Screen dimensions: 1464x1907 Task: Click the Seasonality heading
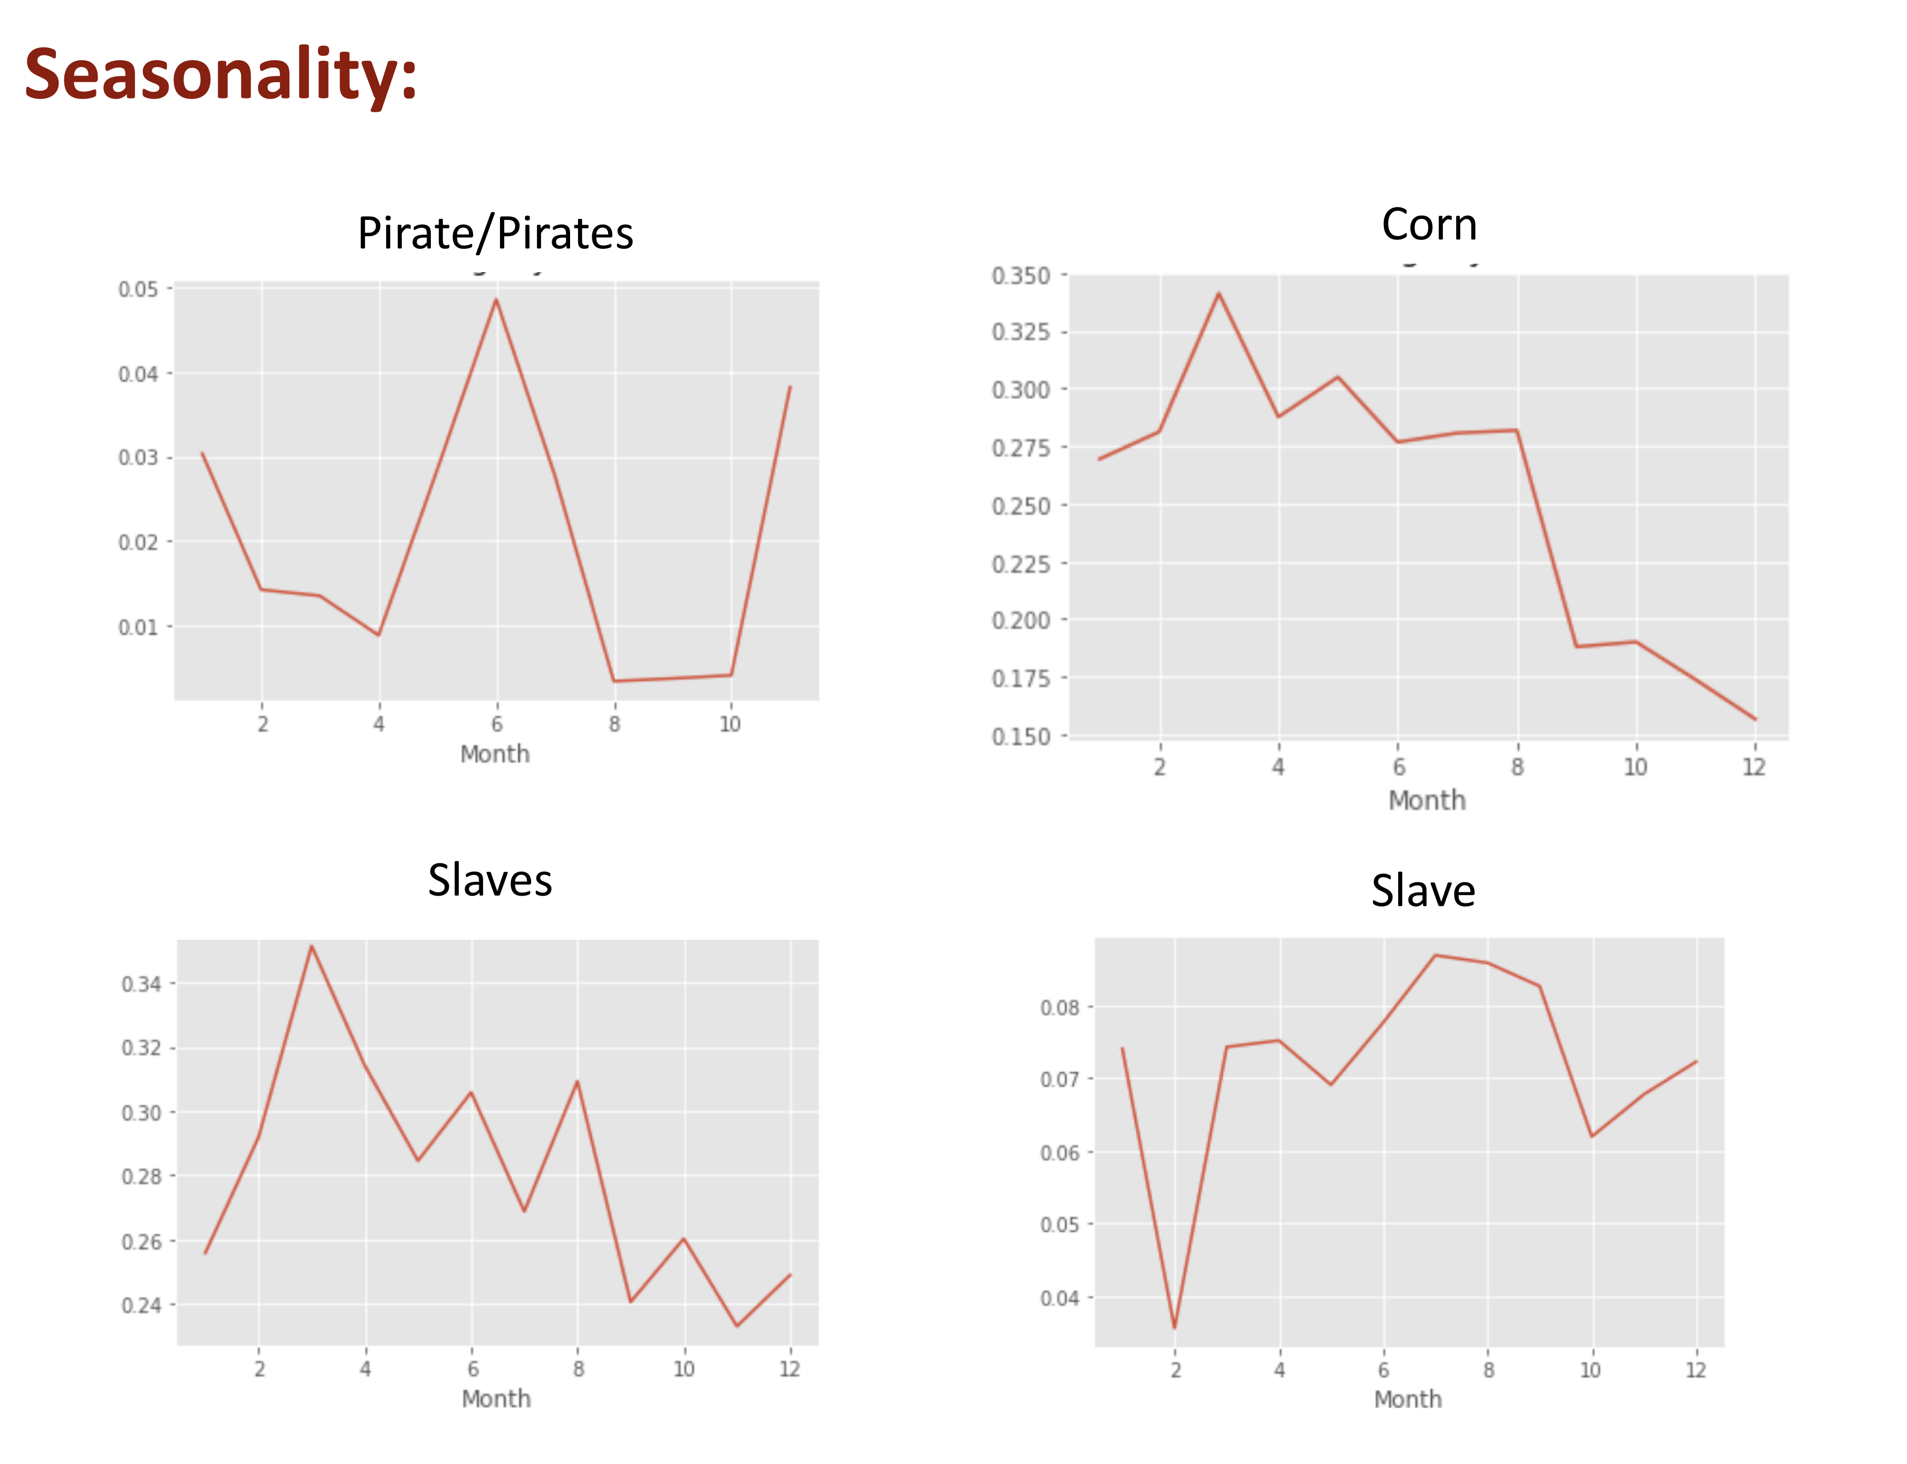pyautogui.click(x=220, y=75)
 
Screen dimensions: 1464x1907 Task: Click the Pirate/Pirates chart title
pyautogui.click(x=495, y=234)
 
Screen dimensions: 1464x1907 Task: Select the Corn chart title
pyautogui.click(x=1429, y=225)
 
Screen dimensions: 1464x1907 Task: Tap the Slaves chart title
pyautogui.click(x=489, y=880)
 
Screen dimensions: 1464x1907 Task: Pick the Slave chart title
pyautogui.click(x=1423, y=891)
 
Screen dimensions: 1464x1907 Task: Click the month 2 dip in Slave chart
pyautogui.click(x=1174, y=1327)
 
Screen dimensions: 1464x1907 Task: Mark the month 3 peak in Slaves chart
pyautogui.click(x=311, y=946)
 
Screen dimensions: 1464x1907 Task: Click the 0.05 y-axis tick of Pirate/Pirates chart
pyautogui.click(x=139, y=290)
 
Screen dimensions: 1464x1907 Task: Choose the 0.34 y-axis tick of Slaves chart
pyautogui.click(x=141, y=984)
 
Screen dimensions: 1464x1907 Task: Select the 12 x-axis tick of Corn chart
pyautogui.click(x=1753, y=767)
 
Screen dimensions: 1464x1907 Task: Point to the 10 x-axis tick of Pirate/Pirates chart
pyautogui.click(x=729, y=724)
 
